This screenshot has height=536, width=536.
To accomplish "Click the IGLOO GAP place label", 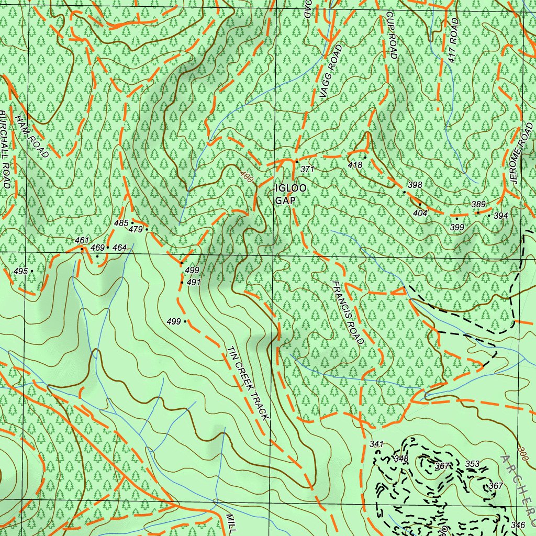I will (285, 194).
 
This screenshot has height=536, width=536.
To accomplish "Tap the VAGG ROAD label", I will (331, 71).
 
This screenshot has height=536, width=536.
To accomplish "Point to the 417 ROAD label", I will (453, 41).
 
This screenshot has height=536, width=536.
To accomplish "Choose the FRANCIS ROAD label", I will (348, 312).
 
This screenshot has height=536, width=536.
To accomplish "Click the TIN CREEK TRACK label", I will (248, 384).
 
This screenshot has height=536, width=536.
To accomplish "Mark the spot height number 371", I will (307, 169).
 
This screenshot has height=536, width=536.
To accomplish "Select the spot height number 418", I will (355, 165).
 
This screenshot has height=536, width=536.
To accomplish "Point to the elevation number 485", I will (121, 224).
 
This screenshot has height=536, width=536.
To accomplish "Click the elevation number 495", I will (20, 271).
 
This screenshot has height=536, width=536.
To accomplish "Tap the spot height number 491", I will (194, 282).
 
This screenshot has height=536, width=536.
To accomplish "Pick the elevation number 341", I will (377, 444).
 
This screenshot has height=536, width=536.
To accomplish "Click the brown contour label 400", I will (247, 178).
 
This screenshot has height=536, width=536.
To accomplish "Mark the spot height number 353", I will (473, 464).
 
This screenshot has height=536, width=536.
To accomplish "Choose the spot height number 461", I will (82, 240).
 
